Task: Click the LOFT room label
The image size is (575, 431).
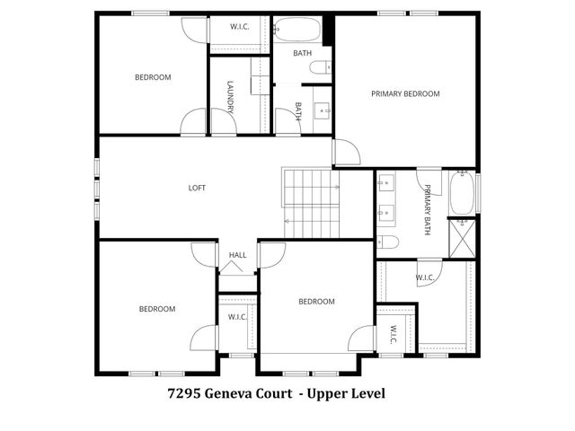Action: pyautogui.click(x=197, y=188)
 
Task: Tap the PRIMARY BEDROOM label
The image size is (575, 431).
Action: pyautogui.click(x=405, y=93)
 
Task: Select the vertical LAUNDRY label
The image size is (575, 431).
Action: pyautogui.click(x=231, y=97)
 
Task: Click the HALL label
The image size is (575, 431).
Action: pyautogui.click(x=237, y=255)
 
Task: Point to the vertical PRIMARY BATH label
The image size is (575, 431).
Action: pyautogui.click(x=428, y=209)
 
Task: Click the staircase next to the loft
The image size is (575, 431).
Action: pyautogui.click(x=311, y=203)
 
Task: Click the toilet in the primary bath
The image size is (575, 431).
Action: pyautogui.click(x=388, y=241)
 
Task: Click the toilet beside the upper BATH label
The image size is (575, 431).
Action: pyautogui.click(x=321, y=66)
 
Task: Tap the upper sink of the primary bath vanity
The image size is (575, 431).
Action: pyautogui.click(x=388, y=186)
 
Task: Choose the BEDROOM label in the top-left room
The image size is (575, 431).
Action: pyautogui.click(x=153, y=77)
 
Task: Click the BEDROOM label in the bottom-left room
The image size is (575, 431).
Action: pyautogui.click(x=157, y=309)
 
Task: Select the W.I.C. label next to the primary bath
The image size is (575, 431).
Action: pyautogui.click(x=426, y=277)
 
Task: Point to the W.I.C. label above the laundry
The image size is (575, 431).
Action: pyautogui.click(x=240, y=26)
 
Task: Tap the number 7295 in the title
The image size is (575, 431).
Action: pyautogui.click(x=184, y=393)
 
